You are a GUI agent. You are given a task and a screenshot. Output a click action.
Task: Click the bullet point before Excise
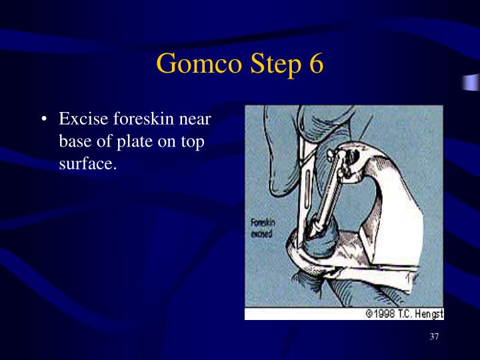click(x=44, y=121)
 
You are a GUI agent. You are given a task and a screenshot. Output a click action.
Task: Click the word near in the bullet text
click(x=195, y=120)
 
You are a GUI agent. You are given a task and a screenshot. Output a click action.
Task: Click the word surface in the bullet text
click(x=87, y=164)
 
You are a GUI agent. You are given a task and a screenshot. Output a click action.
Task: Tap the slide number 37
click(x=434, y=337)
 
